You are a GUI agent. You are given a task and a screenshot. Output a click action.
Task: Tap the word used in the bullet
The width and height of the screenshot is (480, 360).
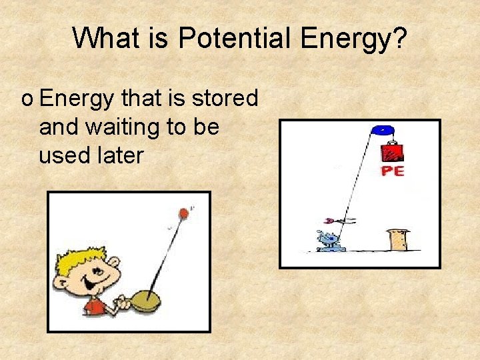(63, 155)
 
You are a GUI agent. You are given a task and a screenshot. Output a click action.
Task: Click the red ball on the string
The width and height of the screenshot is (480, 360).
(182, 213)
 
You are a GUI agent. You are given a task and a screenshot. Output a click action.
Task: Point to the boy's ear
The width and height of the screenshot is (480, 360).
(63, 285)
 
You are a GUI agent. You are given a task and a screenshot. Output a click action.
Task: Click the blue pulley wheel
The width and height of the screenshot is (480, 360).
(383, 130)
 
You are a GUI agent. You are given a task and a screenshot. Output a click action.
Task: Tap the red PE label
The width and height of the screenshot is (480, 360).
(392, 171)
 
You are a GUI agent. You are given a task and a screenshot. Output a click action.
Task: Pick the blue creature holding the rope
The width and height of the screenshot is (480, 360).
(330, 241)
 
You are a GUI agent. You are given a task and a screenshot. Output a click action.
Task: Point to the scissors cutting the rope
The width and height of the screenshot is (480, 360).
(337, 220)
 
